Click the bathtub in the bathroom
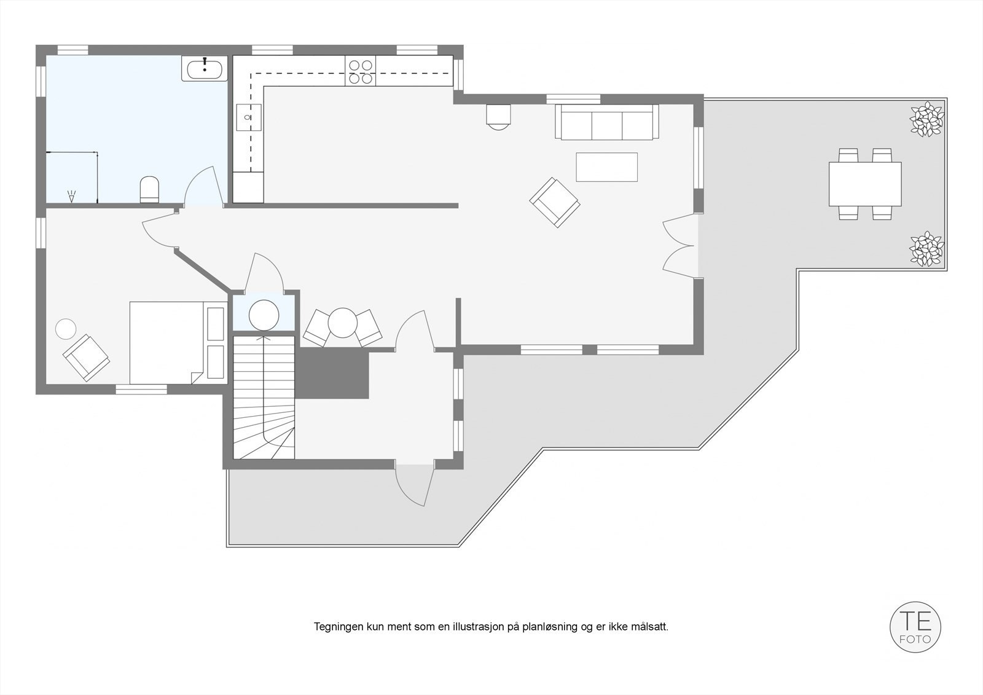point(205,68)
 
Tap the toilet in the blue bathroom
point(150,189)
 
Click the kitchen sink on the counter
point(249,117)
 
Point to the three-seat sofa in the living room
point(606,122)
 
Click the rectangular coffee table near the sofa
point(606,167)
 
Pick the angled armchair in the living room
point(555,202)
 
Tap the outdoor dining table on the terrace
point(865,184)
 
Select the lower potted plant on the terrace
point(926,248)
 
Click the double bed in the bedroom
point(166,342)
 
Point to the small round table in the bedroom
point(65,329)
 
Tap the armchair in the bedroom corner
point(87,358)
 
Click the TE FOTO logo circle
point(915,627)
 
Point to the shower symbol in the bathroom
point(72,196)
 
